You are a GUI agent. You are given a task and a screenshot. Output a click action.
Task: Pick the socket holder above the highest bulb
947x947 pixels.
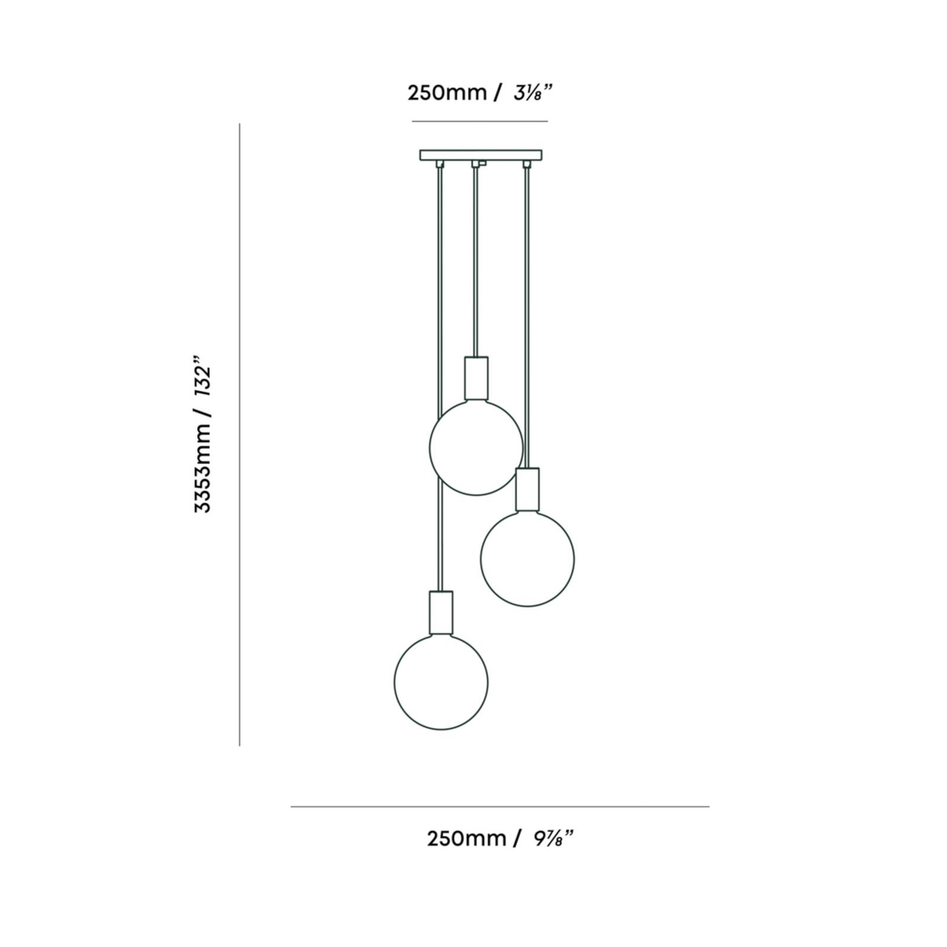coord(476,379)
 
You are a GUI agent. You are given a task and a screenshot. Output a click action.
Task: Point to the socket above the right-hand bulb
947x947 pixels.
coord(527,489)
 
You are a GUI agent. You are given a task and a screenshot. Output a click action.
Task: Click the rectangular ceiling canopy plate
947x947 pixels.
coord(481,155)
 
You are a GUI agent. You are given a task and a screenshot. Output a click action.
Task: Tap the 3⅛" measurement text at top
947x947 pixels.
coord(533,93)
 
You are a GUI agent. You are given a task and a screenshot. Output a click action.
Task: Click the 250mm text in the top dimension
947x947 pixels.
coord(447,93)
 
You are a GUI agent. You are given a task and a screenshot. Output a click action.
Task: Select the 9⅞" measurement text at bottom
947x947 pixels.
coord(553,839)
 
